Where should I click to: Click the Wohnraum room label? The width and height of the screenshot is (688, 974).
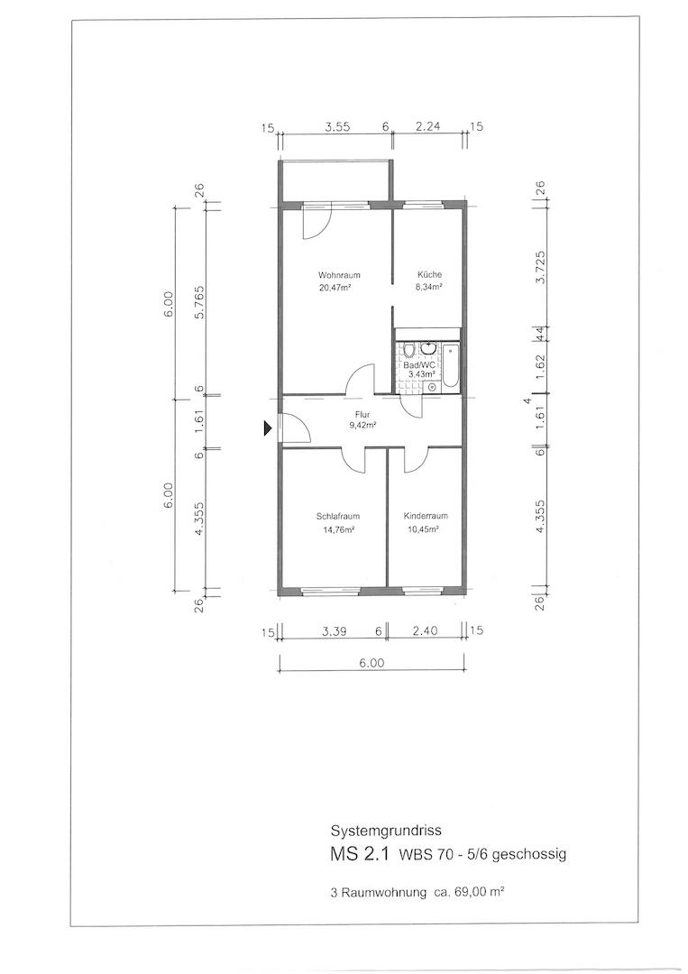coord(339,275)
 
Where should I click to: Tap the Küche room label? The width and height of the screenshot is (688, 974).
coord(430,275)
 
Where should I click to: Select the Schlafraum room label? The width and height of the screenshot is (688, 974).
coord(338,516)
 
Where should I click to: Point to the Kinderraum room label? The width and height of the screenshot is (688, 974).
coord(426,516)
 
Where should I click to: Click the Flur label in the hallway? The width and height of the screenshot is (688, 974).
coord(362,415)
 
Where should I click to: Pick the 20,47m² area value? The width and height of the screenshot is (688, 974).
coord(339,287)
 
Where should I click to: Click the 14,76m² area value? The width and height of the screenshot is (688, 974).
coord(338,530)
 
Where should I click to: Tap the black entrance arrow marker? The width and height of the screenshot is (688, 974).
coord(268,427)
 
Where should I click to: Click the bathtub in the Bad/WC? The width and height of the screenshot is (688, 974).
coord(450,367)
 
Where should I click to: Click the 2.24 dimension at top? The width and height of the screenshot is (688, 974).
coord(427,127)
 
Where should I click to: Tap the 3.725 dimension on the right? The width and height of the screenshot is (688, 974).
coord(540,267)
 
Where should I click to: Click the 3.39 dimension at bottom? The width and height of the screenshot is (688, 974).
coord(334,631)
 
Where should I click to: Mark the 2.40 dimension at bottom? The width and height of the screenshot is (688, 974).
coord(426,631)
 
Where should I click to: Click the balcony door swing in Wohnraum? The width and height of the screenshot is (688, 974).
coord(316,223)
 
